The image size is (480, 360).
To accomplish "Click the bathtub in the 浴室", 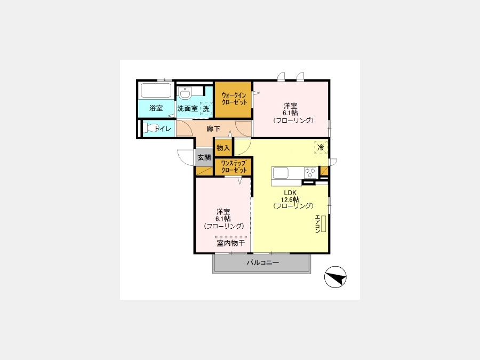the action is pyautogui.click(x=156, y=90).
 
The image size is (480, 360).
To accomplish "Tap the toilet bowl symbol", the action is pyautogui.click(x=149, y=127).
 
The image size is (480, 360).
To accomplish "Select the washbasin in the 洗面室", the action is pyautogui.click(x=185, y=93).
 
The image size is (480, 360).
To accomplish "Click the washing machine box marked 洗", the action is pyautogui.click(x=206, y=108).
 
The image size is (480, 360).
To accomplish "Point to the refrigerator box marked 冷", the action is pyautogui.click(x=321, y=147).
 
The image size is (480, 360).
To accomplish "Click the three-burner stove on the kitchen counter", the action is pyautogui.click(x=310, y=173).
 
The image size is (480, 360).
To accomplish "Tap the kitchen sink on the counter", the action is pyautogui.click(x=281, y=173).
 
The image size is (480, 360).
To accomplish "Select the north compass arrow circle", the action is pyautogui.click(x=335, y=277).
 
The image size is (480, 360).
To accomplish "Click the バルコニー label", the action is pyautogui.click(x=263, y=262).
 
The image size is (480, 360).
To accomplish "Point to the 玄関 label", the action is pyautogui.click(x=204, y=158).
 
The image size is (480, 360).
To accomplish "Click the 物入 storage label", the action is pyautogui.click(x=223, y=148).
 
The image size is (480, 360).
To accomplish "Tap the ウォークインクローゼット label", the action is pyautogui.click(x=234, y=99).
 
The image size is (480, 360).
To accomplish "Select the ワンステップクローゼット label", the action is pyautogui.click(x=234, y=167).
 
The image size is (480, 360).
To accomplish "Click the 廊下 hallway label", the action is pyautogui.click(x=213, y=129).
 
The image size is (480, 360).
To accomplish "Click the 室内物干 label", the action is pyautogui.click(x=231, y=243).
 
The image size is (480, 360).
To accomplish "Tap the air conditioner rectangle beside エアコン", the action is pyautogui.click(x=324, y=223).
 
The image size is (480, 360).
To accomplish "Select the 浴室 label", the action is pyautogui.click(x=156, y=108).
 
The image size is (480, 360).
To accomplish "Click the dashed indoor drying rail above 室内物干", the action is pyautogui.click(x=231, y=237).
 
